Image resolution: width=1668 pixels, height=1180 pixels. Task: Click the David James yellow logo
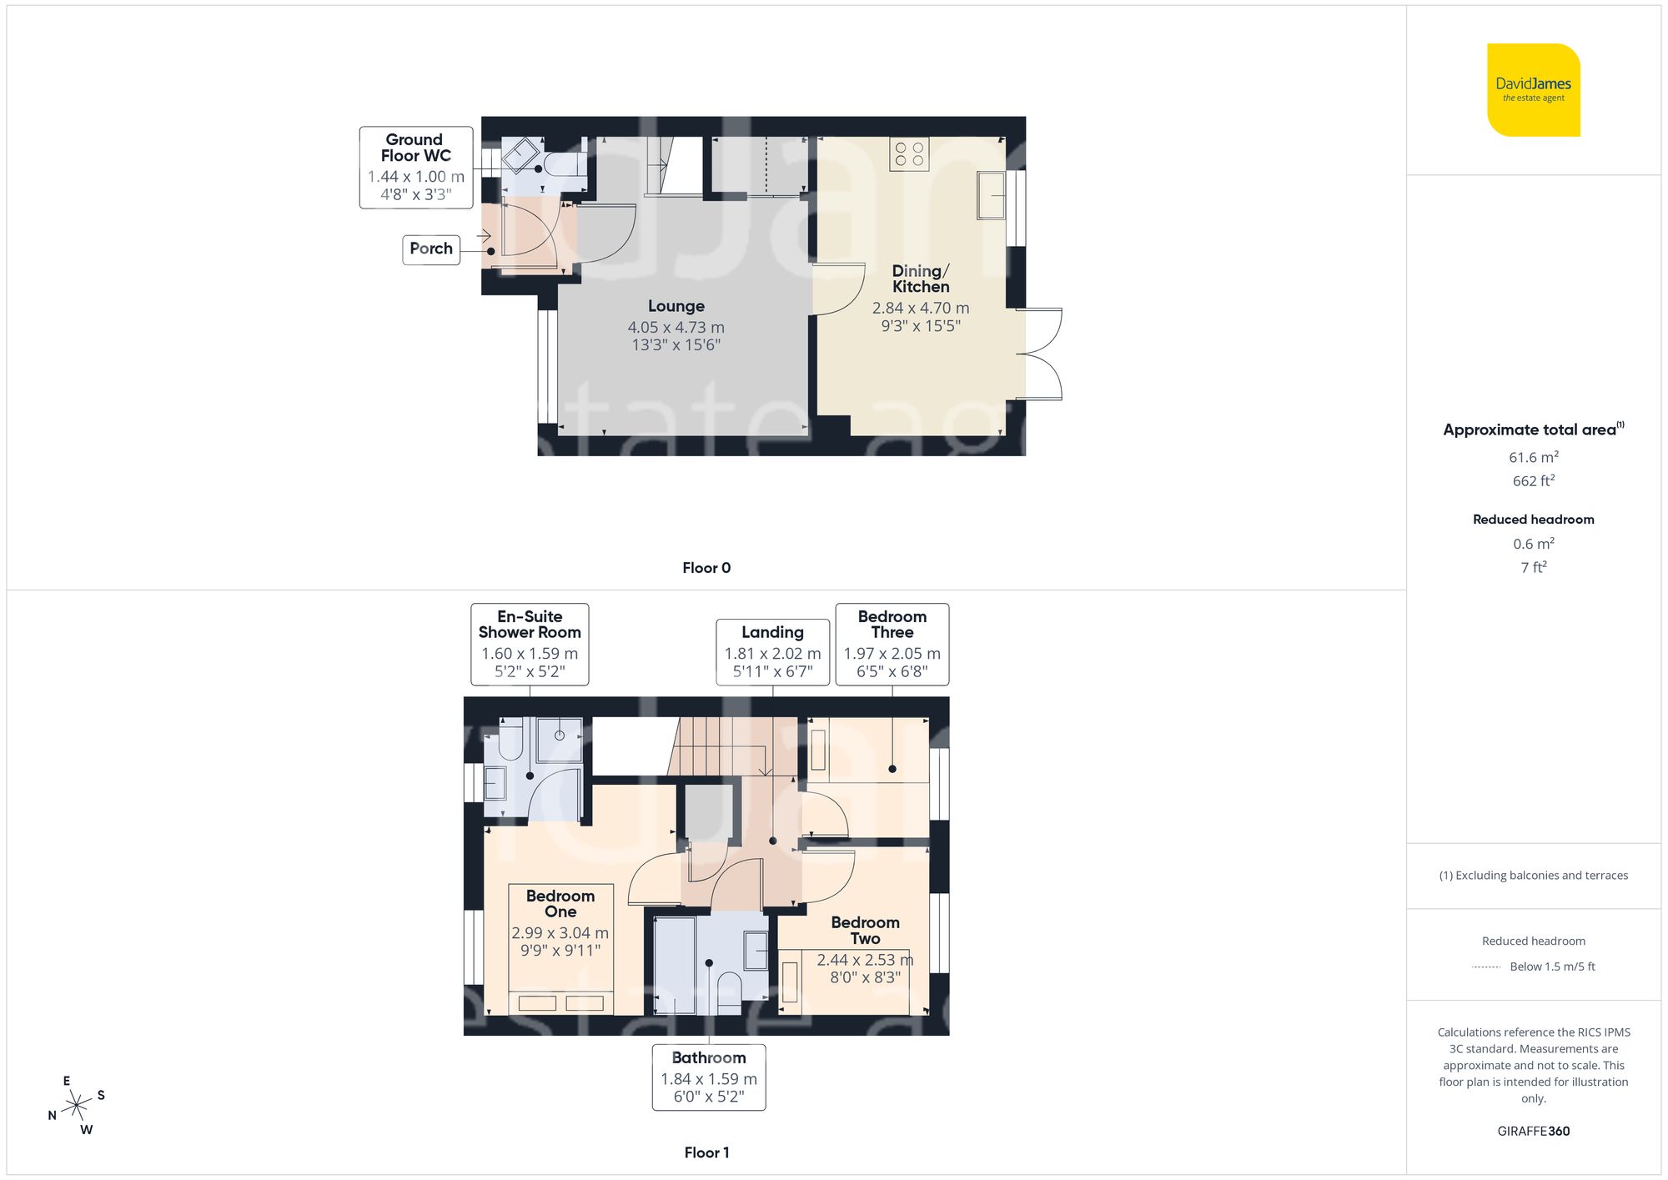coord(1533,90)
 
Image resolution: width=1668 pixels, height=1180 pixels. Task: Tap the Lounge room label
coord(676,306)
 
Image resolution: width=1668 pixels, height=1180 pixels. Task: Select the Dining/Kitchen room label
coord(920,279)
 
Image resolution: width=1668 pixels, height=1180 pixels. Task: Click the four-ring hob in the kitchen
coord(909,153)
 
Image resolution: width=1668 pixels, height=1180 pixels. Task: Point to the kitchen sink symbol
coord(991,195)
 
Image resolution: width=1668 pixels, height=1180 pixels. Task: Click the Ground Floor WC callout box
coord(416,167)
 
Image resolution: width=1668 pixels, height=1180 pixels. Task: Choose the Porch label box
coord(431,249)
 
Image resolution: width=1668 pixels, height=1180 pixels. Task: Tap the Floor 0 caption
coord(706,568)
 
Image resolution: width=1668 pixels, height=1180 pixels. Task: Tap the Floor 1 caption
coord(706,1152)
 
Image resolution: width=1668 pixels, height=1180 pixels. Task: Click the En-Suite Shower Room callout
coord(530,644)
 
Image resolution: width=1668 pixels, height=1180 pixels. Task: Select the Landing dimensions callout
coord(772,652)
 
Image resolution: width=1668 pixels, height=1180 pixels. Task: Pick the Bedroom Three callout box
coord(892,644)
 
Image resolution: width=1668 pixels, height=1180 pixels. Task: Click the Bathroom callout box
coord(709,1077)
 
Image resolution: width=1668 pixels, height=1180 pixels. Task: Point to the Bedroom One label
coord(560,903)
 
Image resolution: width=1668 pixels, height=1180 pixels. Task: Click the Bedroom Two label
coord(865,930)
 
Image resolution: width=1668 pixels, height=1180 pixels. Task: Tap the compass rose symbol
coord(77,1106)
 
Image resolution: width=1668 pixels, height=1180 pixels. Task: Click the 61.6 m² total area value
coord(1533,457)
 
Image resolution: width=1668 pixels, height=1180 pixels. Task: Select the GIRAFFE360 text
coord(1533,1131)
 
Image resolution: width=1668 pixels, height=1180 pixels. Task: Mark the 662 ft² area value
coord(1533,481)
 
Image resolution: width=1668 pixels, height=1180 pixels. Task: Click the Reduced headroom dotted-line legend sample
coord(1486,967)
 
